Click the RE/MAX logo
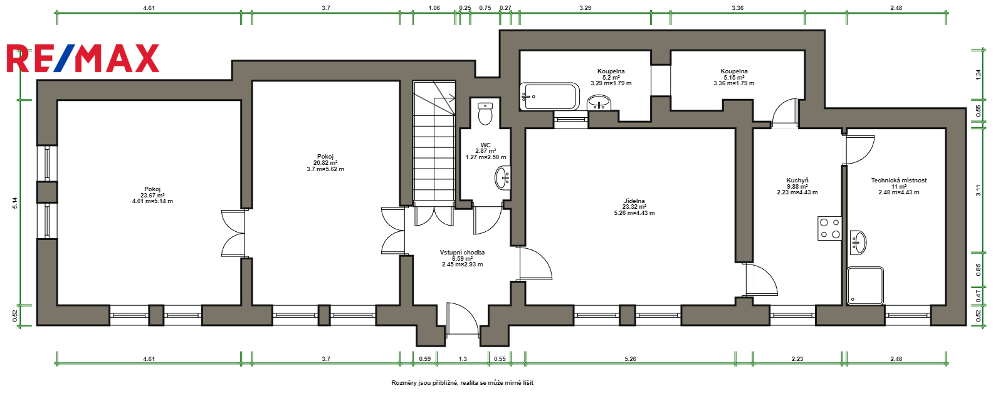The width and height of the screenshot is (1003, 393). [83, 58]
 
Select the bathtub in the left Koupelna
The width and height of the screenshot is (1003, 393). [550, 97]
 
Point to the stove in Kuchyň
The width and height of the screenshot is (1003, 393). [830, 228]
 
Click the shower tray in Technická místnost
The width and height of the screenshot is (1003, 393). [865, 286]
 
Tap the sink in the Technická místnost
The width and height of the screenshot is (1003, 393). [858, 243]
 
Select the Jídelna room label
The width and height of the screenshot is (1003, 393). [634, 201]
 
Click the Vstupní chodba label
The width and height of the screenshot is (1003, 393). [462, 253]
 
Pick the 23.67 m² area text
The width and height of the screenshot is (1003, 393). [152, 196]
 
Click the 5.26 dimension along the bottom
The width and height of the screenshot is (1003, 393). [631, 359]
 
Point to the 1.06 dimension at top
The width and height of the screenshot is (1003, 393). [434, 8]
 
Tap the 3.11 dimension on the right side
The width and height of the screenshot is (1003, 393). [979, 191]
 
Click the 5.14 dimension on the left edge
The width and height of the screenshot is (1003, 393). [15, 202]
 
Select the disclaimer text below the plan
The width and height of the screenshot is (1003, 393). [462, 383]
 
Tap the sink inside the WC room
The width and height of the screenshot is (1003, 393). [503, 178]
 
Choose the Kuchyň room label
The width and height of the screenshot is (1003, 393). [797, 181]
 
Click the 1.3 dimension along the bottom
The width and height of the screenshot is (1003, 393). [463, 359]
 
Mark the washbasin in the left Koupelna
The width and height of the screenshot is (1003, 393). [600, 102]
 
